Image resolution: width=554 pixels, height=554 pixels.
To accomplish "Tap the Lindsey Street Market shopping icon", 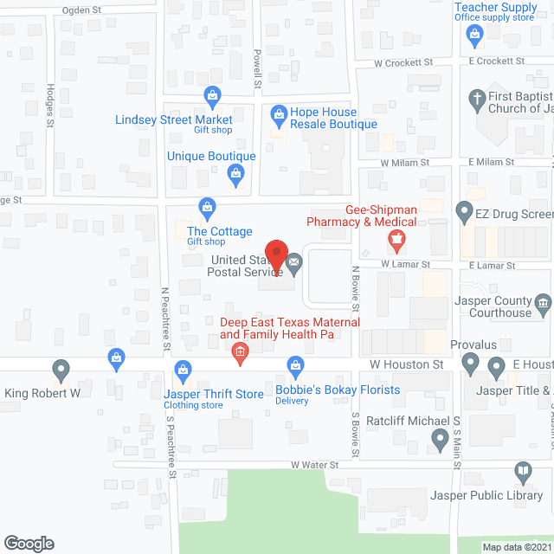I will (211, 94).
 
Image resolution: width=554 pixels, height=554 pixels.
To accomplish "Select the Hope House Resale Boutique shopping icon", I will (279, 113).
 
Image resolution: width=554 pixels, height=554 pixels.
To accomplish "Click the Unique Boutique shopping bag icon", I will (235, 174).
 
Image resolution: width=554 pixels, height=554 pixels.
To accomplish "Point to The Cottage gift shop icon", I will (207, 206).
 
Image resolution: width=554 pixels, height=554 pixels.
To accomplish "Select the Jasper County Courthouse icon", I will (543, 302).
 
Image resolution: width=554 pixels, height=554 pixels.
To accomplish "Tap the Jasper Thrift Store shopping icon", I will (183, 370).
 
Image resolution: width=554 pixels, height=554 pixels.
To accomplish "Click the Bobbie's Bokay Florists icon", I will (296, 366).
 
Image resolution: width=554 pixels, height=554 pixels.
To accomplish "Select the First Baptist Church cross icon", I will (476, 99).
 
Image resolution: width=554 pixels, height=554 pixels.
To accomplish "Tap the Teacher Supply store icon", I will (473, 35).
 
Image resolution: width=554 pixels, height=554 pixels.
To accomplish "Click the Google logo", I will (29, 544).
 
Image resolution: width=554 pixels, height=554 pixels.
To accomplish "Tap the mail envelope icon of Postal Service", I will (295, 261).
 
